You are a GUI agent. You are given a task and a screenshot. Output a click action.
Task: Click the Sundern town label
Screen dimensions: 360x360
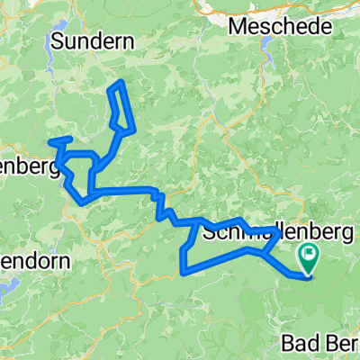pyautogui.click(x=93, y=40)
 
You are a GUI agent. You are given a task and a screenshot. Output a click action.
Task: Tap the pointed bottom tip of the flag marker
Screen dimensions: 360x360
pyautogui.click(x=310, y=274)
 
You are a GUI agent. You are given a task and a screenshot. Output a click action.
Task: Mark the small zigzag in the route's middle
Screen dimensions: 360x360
pyautogui.click(x=159, y=205)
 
